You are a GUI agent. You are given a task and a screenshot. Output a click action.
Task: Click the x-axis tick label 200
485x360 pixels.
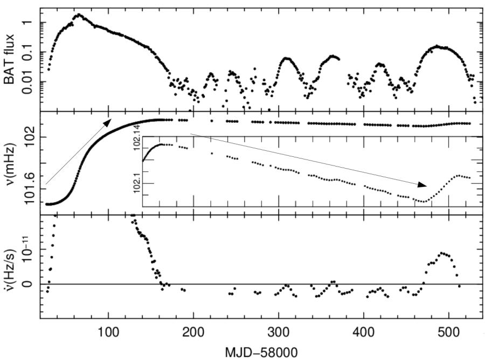point(193,330)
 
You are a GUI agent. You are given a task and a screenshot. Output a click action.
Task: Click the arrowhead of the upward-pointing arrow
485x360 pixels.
point(108,121)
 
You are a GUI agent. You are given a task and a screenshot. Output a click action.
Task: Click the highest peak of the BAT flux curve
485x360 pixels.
point(79,15)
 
